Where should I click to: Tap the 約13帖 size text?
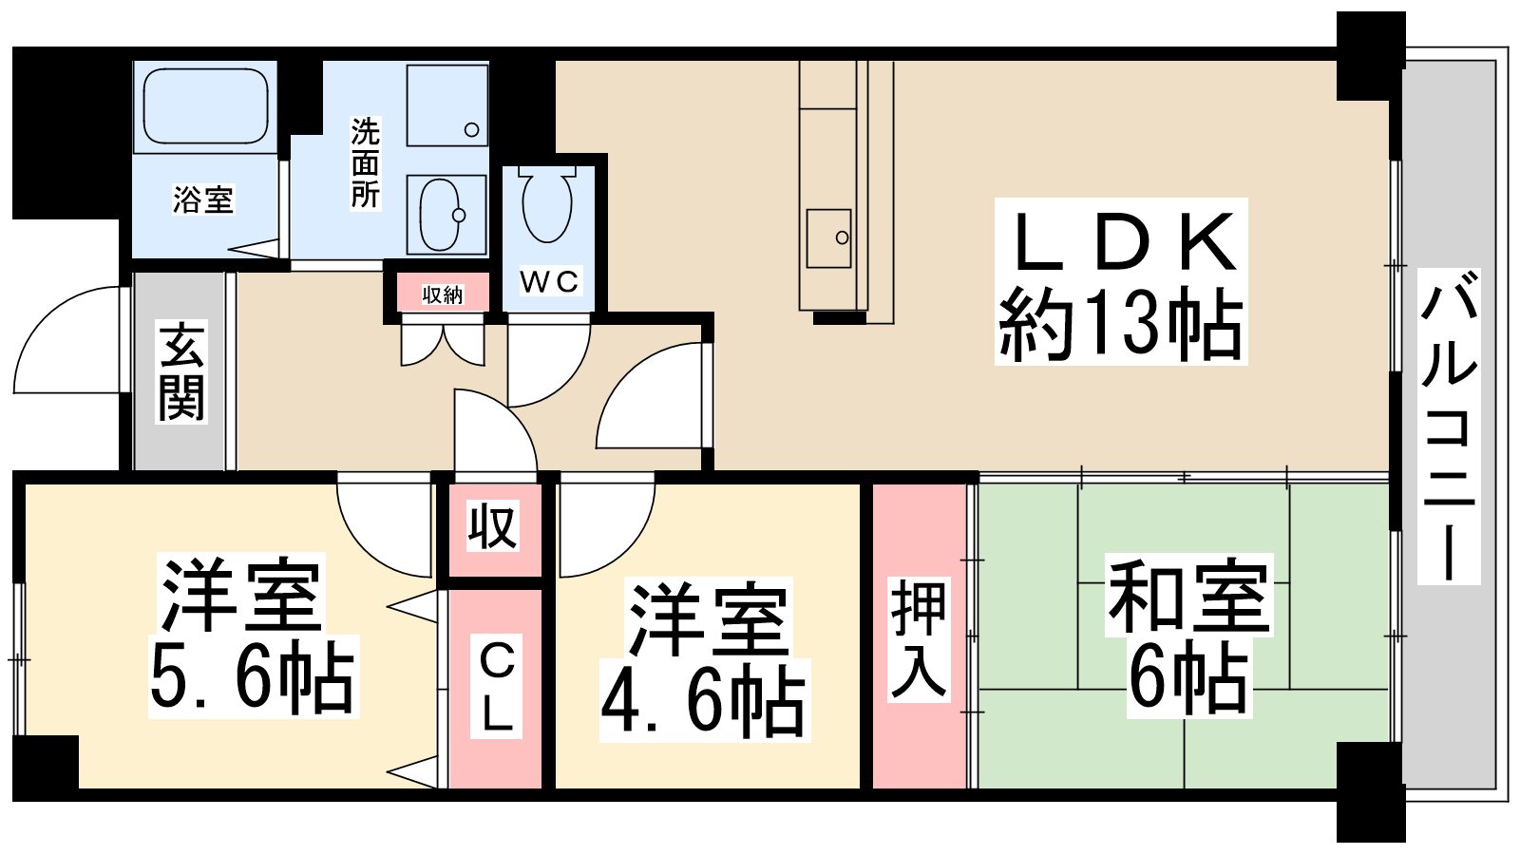(1121, 324)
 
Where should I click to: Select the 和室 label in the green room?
(1188, 595)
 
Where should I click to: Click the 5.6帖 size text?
(253, 675)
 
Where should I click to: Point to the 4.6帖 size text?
(704, 700)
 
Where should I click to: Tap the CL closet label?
(497, 687)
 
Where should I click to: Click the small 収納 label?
(443, 294)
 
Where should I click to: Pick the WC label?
(550, 281)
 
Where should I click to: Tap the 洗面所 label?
(365, 162)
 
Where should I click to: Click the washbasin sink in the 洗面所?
(443, 215)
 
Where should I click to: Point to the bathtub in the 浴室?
(205, 105)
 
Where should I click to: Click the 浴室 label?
(203, 199)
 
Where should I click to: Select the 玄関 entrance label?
(181, 371)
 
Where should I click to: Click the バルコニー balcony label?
(1449, 427)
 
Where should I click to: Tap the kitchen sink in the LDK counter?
(828, 238)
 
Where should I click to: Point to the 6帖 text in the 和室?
(1188, 678)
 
